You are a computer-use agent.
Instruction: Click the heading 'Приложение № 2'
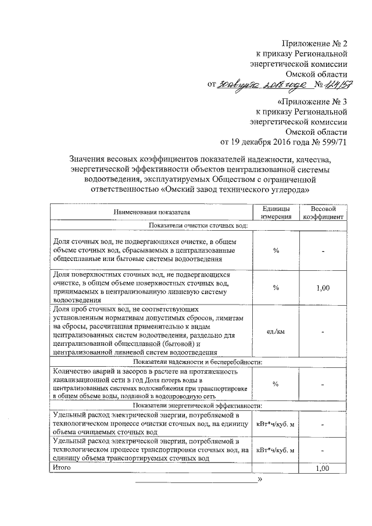coord(314,44)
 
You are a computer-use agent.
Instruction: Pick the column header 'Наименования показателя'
coord(150,213)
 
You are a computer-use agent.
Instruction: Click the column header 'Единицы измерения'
coord(276,213)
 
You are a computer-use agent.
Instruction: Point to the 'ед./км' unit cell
coord(276,331)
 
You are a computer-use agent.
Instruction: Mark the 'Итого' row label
coord(62,467)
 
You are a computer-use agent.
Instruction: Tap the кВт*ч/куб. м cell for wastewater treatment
coord(276,424)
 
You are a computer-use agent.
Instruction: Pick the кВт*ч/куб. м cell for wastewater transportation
coord(276,450)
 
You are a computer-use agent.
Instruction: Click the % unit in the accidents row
coord(276,384)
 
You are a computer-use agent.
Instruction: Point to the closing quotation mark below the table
coord(260,480)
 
